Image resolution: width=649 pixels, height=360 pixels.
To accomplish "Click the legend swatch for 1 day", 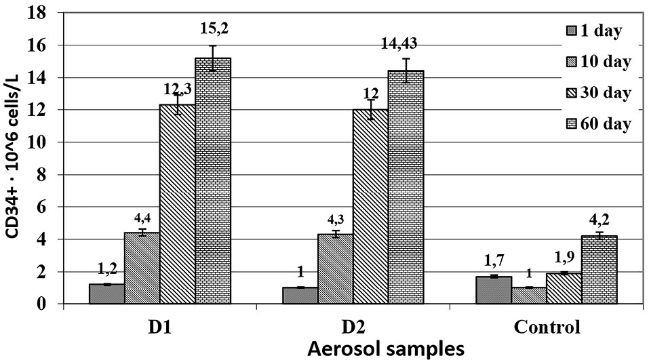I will pos(571,31).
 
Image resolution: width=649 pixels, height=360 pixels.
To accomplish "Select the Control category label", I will pos(547,327).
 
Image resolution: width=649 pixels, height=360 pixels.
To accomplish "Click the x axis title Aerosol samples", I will pos(353,348).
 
